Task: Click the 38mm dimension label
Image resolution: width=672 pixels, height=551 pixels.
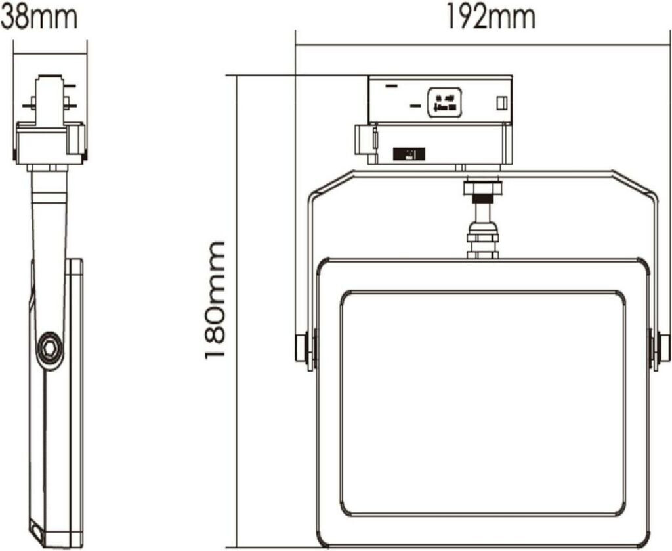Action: pos(39,18)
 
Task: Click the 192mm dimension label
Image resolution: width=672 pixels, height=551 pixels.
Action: pos(491,18)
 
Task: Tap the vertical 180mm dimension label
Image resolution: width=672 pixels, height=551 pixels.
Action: pos(216,299)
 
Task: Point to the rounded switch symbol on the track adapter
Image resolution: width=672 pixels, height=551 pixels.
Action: pos(444,102)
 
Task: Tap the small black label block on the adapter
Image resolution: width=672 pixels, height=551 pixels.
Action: pos(408,154)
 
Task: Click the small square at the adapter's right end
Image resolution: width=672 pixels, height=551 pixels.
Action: pos(501,104)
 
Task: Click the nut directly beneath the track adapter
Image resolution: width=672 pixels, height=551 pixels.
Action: pos(482,188)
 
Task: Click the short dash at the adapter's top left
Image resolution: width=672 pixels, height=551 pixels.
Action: pos(391,85)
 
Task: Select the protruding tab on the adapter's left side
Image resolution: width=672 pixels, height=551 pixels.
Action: pos(362,140)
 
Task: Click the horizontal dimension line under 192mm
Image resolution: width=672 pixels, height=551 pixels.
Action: pos(482,45)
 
